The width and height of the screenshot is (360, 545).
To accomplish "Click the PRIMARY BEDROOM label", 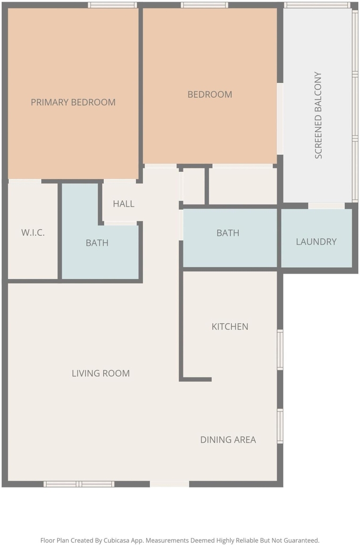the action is (x=73, y=102).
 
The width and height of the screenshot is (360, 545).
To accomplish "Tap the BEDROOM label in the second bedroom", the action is (x=210, y=95).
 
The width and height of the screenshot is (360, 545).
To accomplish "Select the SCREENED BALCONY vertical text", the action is (x=319, y=115).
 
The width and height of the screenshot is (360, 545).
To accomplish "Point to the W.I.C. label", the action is (x=33, y=233).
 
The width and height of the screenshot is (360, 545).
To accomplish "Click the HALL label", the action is (x=123, y=204).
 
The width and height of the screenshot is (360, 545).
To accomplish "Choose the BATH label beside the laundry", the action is (x=228, y=233).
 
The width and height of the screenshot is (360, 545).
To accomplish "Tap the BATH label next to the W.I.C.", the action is (x=97, y=243).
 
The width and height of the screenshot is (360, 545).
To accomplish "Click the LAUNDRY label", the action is (x=316, y=242).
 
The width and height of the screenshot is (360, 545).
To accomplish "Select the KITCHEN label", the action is (x=230, y=327).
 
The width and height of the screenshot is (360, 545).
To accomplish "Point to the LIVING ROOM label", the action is (x=101, y=373).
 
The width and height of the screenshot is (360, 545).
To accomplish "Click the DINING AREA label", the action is (x=228, y=440).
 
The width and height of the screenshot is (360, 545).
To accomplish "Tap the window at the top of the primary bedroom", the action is (x=112, y=5).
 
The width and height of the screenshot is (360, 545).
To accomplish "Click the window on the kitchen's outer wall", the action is (x=280, y=350).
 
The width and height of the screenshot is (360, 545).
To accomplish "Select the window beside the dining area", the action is (x=280, y=426).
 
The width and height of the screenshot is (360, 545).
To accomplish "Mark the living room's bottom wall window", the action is (x=79, y=484).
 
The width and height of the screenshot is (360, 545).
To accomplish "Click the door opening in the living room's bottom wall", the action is (x=170, y=484).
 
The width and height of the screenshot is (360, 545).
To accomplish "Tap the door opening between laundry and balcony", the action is (x=326, y=206).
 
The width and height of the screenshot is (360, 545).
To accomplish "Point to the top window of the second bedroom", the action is (x=205, y=5).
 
